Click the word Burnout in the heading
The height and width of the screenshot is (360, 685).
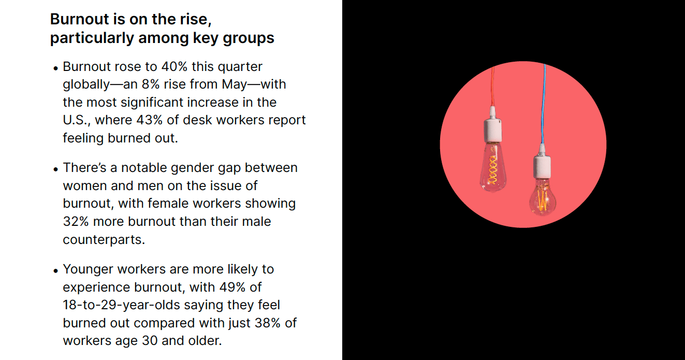click(x=80, y=19)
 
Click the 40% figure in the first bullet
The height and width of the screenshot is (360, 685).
click(x=174, y=67)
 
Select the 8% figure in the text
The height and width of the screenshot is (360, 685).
click(x=151, y=84)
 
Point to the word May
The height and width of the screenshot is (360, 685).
click(x=234, y=85)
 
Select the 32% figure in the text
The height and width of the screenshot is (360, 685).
click(x=76, y=222)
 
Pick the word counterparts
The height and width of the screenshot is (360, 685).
click(x=104, y=240)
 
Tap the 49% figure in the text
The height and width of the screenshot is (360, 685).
click(x=232, y=287)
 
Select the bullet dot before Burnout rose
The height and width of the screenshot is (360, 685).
click(x=55, y=68)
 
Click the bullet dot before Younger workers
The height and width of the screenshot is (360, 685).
click(x=55, y=271)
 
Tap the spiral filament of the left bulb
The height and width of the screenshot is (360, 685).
click(x=492, y=170)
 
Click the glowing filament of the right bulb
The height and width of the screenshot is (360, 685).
click(x=542, y=200)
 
